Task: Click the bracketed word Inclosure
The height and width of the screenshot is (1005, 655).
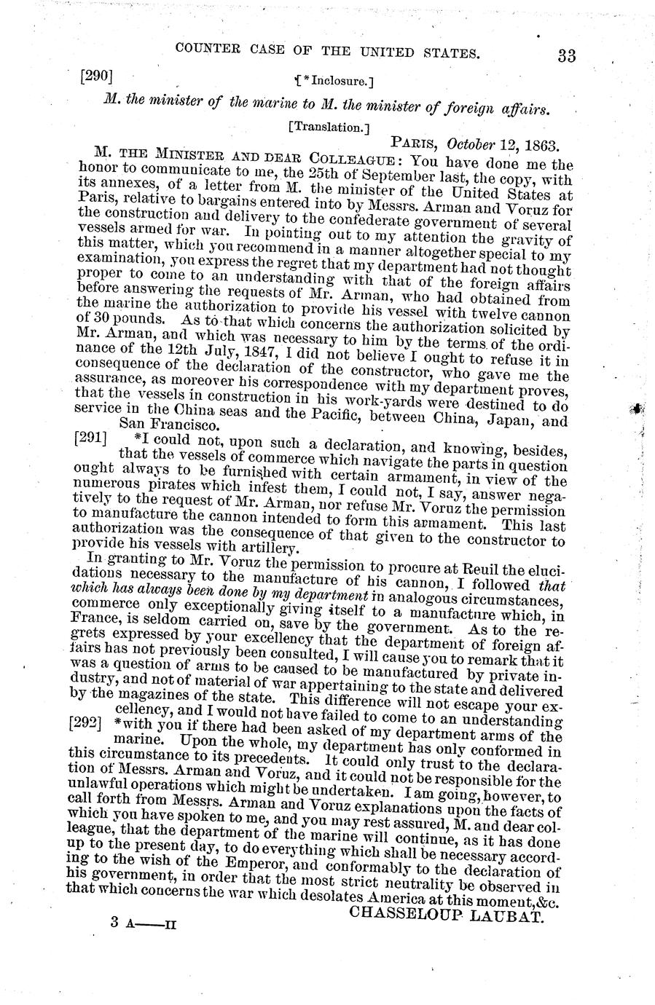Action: (334, 77)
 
